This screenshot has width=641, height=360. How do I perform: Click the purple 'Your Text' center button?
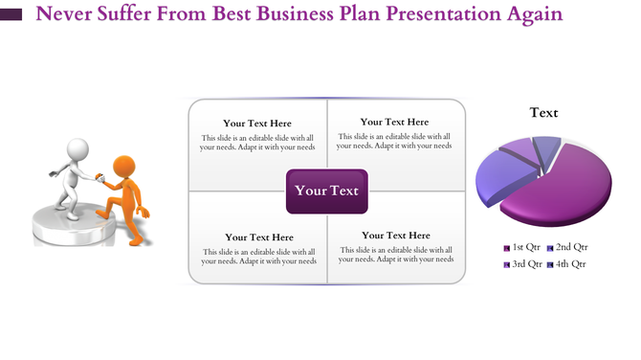tap(326, 191)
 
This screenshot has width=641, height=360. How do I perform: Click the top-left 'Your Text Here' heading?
tap(257, 124)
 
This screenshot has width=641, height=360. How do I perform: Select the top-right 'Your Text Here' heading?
tap(394, 122)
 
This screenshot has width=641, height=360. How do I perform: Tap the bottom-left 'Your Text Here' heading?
tap(259, 237)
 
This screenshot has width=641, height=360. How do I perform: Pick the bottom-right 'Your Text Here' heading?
tap(395, 236)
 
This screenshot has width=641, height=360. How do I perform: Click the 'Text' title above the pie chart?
tap(544, 113)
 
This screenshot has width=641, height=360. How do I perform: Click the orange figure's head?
tap(124, 167)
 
